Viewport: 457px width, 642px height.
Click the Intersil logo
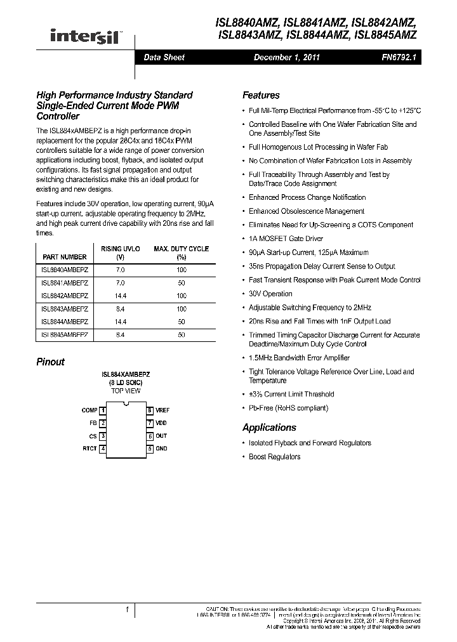pos(85,36)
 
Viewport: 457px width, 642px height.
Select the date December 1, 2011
pos(287,58)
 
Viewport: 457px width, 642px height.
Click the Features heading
pos(261,95)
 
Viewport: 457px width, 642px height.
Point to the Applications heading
pos(269,428)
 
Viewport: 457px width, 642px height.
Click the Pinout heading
pos(51,362)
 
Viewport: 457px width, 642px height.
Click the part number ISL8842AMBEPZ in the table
pos(65,296)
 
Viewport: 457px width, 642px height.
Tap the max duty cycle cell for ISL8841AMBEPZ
pos(182,282)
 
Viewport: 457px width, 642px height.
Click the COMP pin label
pos(89,410)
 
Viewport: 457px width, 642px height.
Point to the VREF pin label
pos(162,410)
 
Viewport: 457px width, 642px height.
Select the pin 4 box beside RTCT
pos(103,449)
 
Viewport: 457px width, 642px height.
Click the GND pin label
pos(161,449)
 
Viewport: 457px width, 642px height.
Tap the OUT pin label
pos(161,436)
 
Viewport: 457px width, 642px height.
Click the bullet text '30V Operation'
pos(270,294)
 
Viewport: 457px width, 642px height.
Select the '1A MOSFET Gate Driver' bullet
pos(286,239)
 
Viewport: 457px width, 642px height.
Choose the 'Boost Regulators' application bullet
pos(274,457)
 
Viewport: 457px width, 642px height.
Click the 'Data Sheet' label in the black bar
pos(164,58)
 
